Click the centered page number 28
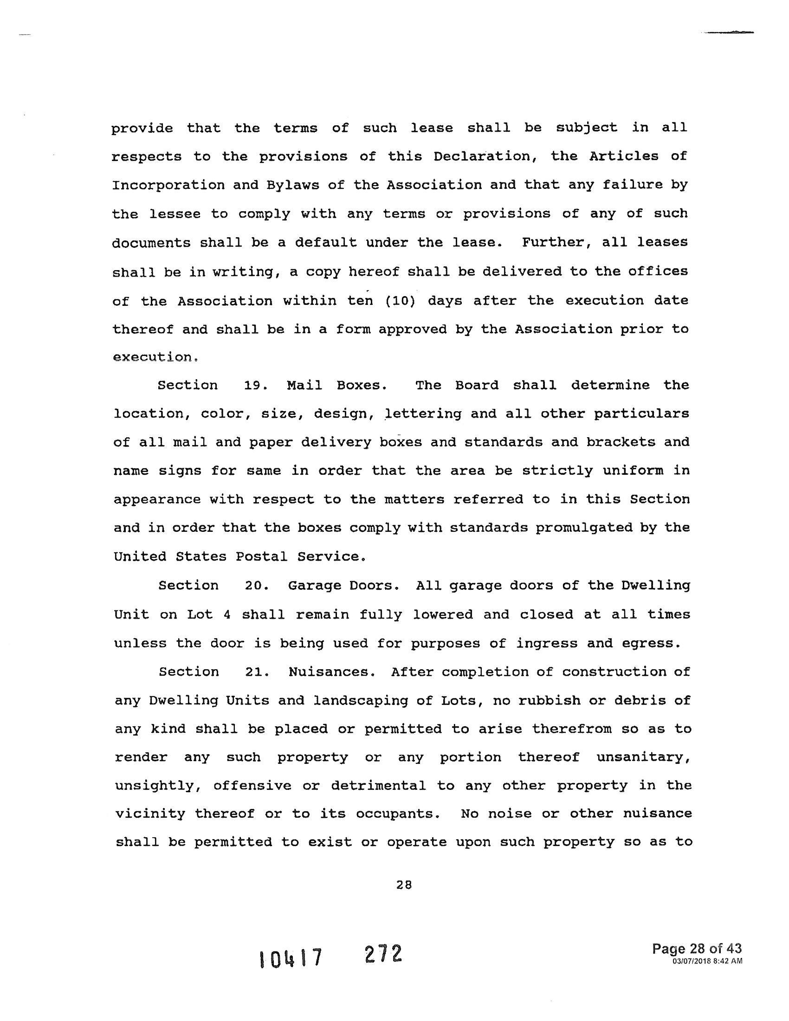(403, 884)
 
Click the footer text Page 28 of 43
(697, 948)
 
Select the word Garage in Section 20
(317, 586)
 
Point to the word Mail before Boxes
(304, 385)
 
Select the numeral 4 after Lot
(226, 614)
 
